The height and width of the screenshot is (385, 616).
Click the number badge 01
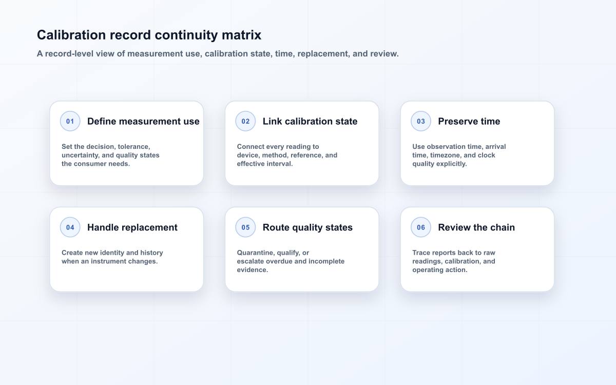[70, 121]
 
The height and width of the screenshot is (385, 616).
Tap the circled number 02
[245, 121]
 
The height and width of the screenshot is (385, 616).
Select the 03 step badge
[421, 121]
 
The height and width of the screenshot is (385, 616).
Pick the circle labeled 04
[70, 227]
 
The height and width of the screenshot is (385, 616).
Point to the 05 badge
[245, 227]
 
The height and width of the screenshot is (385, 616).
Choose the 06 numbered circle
[421, 227]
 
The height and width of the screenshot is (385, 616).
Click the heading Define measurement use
[143, 121]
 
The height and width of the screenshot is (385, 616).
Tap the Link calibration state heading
[310, 121]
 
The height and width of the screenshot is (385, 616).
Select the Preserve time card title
[469, 121]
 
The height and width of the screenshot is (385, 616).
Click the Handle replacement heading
[132, 227]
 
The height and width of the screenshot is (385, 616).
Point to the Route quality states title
[307, 227]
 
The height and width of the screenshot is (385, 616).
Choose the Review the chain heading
[476, 227]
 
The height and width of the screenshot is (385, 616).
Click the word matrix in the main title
[241, 35]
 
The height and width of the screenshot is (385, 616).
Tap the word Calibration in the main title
[71, 35]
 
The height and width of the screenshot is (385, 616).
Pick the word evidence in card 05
[253, 270]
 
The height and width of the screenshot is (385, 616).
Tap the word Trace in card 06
[421, 253]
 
